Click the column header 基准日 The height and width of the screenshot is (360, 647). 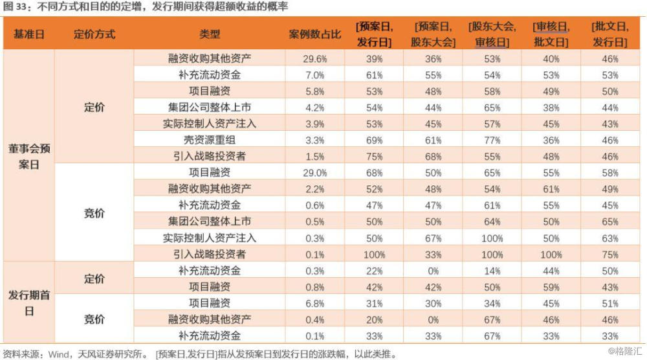tap(29, 34)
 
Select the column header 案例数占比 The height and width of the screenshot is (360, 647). tap(315, 34)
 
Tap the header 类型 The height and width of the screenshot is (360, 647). tap(210, 34)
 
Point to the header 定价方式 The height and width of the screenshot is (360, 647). tap(94, 34)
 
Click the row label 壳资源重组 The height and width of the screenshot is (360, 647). tap(210, 140)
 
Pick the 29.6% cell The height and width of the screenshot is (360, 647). tap(315, 59)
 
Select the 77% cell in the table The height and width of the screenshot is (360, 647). tap(492, 141)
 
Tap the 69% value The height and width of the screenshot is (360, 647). tap(374, 141)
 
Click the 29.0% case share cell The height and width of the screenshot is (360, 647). tap(315, 173)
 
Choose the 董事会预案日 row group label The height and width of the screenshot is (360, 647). tap(29, 157)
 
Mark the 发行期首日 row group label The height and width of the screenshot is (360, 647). tap(29, 303)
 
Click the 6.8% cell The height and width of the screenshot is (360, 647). tap(315, 304)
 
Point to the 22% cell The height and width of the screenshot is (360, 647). tap(374, 271)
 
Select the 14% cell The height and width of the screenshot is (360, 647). tap(492, 271)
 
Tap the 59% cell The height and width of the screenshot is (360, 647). tap(551, 287)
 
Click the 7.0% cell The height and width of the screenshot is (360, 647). tap(315, 75)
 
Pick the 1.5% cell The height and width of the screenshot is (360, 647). tap(315, 157)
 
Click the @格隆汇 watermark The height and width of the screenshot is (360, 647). tap(625, 352)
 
